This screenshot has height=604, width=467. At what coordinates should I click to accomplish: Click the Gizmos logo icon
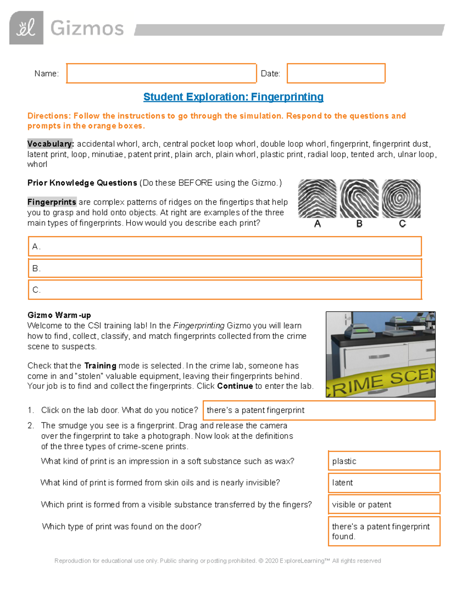coord(26,28)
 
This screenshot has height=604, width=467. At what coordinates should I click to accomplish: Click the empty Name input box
coord(161,73)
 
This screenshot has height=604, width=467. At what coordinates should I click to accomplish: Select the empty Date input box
coord(336,73)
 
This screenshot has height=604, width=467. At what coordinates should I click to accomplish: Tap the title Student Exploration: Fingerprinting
coord(233,97)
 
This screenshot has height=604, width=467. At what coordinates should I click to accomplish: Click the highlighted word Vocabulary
coord(50,144)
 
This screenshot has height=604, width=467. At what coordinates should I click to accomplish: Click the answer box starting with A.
coord(225,247)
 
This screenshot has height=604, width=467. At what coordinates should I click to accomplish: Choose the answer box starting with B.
coord(225,268)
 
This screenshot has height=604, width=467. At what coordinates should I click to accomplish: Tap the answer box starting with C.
coord(225,290)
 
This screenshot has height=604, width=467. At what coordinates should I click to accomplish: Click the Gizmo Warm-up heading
coord(59,315)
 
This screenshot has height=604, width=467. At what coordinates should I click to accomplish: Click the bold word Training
coord(100,366)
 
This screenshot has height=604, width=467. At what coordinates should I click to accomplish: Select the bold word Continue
coord(235,386)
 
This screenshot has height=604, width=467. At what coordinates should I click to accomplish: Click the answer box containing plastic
coord(384,461)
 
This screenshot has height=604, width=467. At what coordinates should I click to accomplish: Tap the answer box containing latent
coord(384,483)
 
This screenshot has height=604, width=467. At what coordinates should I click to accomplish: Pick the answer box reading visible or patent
coord(384,504)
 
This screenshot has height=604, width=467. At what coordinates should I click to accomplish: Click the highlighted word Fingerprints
coord(52,202)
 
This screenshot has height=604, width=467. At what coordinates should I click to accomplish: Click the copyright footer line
coord(218,560)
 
